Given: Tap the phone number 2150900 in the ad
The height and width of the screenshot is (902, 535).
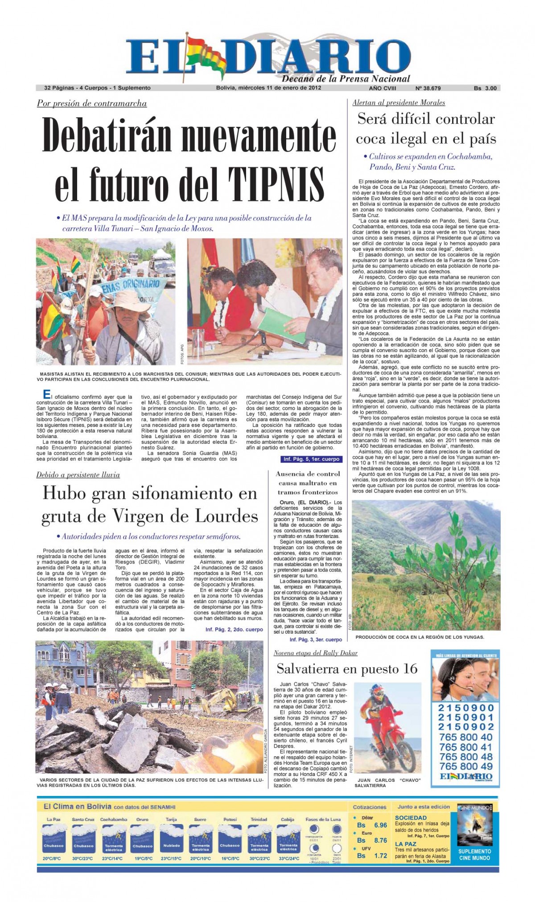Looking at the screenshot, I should coord(466,708).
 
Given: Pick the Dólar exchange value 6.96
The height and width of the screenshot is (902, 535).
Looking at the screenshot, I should coord(380,825).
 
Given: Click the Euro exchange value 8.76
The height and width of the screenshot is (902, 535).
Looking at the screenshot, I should coord(380,840).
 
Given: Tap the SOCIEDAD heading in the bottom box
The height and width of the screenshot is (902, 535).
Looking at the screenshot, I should coord(411,817).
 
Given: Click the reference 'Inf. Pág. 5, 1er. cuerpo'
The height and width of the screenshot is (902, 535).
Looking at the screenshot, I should coord(311,459).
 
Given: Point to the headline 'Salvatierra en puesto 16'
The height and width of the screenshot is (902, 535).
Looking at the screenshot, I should coord(347,669).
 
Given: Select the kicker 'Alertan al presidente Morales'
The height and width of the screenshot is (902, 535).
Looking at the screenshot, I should coord(399,103).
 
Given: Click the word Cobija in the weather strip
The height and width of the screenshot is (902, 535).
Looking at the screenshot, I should coord(288,819).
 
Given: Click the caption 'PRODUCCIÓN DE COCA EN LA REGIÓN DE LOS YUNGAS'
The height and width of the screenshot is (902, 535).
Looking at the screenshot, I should coord(420,637).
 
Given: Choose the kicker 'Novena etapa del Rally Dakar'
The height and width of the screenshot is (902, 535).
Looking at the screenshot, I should coord(316,653).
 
